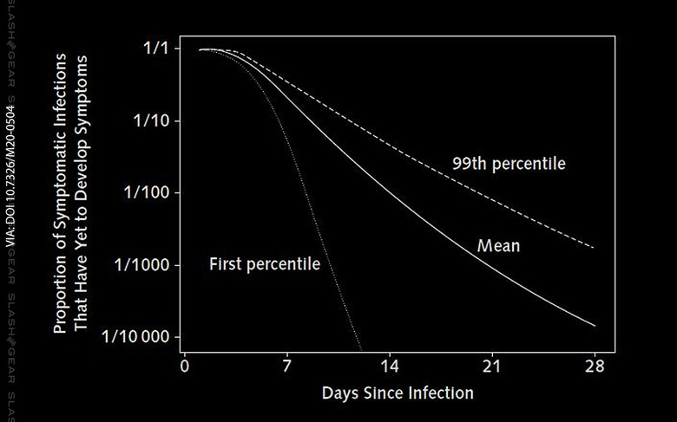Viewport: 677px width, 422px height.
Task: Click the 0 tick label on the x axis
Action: (184, 366)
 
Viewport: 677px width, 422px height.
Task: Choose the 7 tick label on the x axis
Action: (287, 366)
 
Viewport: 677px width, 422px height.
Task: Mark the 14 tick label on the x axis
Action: (390, 366)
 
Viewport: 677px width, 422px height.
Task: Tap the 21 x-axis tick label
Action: (492, 366)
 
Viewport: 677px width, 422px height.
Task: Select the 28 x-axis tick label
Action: (595, 366)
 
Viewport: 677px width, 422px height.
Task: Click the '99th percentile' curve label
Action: (509, 163)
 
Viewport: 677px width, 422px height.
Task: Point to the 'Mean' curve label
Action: (498, 246)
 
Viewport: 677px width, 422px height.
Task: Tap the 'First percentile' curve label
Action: (265, 263)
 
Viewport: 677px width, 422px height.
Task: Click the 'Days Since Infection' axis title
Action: (398, 393)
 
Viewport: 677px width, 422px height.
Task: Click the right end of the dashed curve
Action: (595, 248)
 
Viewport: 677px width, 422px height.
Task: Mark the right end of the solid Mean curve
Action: (595, 326)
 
